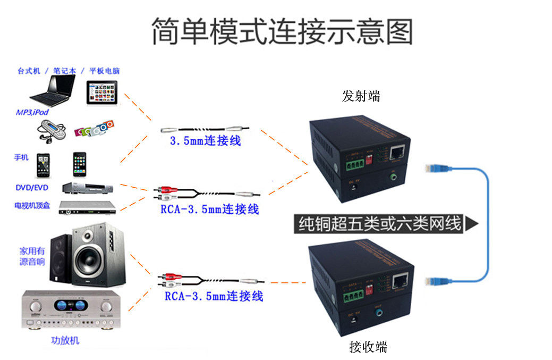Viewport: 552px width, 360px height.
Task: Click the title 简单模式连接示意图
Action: (282, 31)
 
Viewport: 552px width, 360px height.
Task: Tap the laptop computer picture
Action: (53, 90)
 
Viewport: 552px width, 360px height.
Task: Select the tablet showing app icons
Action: (101, 93)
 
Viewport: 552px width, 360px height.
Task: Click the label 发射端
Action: (361, 96)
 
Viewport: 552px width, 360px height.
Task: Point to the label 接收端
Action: (368, 347)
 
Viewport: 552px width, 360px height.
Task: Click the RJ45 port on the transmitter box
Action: (397, 153)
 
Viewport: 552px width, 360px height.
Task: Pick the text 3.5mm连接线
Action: (205, 141)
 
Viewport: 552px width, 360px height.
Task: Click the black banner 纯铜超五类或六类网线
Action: (380, 223)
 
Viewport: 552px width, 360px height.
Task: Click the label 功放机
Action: (65, 340)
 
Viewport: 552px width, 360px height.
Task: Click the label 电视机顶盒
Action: (32, 205)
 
